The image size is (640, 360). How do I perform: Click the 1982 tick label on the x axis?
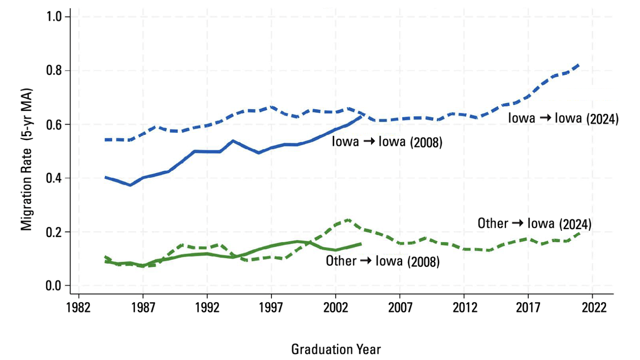click(x=78, y=307)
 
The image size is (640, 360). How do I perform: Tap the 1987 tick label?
click(x=143, y=307)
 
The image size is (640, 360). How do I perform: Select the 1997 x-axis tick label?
click(x=271, y=307)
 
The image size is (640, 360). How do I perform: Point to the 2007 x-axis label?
click(x=400, y=307)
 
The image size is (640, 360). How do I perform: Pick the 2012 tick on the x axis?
click(x=464, y=307)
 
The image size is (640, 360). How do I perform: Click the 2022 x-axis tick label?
click(x=592, y=307)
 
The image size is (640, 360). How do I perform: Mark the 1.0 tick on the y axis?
click(x=54, y=16)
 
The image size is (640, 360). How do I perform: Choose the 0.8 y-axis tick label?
click(x=54, y=70)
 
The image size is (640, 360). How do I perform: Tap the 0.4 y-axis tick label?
click(x=54, y=178)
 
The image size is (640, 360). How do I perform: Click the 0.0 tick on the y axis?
click(x=54, y=286)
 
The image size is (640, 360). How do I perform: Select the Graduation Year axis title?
click(x=336, y=349)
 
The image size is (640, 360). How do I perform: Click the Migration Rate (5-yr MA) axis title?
click(x=27, y=159)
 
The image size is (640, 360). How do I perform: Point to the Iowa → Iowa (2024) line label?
click(x=563, y=118)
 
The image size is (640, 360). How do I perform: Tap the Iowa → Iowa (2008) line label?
click(x=387, y=142)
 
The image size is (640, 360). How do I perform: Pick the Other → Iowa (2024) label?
click(x=534, y=224)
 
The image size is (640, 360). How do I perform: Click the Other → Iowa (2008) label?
click(x=383, y=261)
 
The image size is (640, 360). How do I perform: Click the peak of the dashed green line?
click(x=348, y=220)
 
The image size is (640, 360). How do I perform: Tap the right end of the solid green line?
click(x=361, y=244)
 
